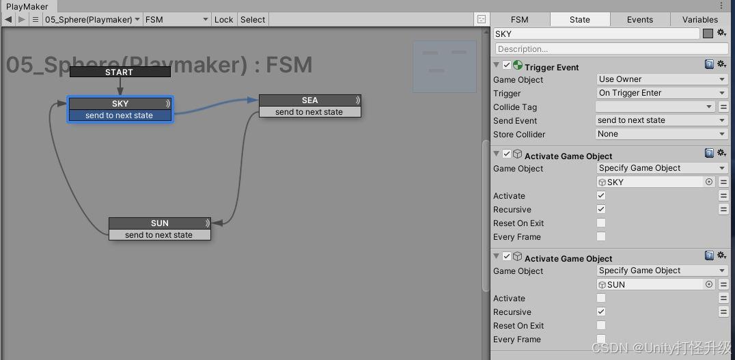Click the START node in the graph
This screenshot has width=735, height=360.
click(120, 72)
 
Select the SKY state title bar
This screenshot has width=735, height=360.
click(120, 103)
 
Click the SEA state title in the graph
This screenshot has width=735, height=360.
click(309, 100)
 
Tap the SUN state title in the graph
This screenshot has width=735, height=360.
click(159, 223)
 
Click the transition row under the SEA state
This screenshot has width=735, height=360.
click(309, 112)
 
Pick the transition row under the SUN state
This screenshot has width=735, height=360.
click(159, 235)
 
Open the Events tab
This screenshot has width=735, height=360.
click(640, 20)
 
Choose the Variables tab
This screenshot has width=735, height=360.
click(700, 20)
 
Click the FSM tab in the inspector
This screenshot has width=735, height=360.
click(520, 20)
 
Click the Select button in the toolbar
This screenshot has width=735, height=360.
click(253, 20)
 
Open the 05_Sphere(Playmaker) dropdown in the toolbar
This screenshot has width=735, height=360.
click(93, 20)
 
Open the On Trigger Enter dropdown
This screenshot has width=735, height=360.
click(661, 93)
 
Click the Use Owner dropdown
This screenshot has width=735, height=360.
click(661, 79)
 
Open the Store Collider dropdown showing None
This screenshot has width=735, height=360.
click(661, 134)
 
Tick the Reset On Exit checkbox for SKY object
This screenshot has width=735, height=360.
click(601, 223)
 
